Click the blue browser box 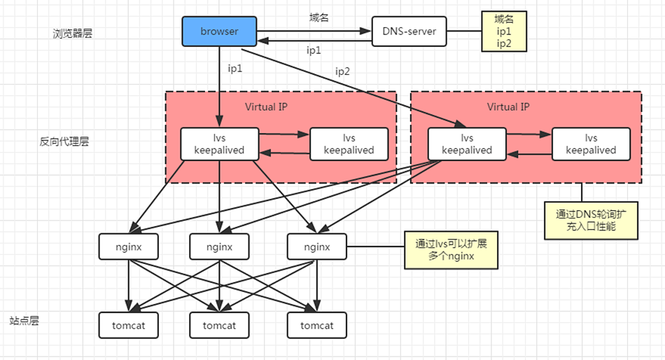coord(219,32)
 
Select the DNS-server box coord(409,32)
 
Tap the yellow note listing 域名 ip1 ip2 coord(502,32)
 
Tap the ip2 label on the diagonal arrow coord(342,71)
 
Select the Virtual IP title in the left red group coord(266,106)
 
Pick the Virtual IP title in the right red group coord(508,106)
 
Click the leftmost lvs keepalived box coord(219,144)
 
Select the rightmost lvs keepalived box coord(591,144)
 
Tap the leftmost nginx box coord(129,247)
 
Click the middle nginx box coord(220,247)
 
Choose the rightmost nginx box coord(317,247)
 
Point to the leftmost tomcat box coord(129,326)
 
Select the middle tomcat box coord(220,326)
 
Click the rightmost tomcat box coord(317,326)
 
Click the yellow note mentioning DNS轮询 coord(591,221)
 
